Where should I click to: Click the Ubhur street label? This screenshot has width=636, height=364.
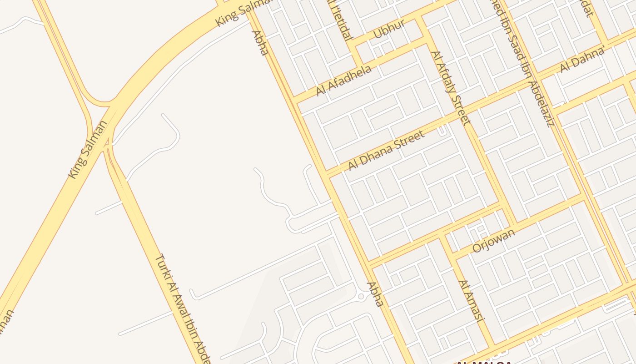point(388,29)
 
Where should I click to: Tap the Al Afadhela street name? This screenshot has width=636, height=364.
point(344,80)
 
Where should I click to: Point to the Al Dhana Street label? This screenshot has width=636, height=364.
point(386,150)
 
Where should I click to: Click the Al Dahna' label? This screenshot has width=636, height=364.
point(582,59)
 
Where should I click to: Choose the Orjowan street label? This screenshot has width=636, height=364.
point(494,241)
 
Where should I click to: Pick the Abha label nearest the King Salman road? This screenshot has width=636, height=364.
point(260,42)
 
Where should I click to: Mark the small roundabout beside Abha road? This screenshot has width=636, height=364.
point(361,296)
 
